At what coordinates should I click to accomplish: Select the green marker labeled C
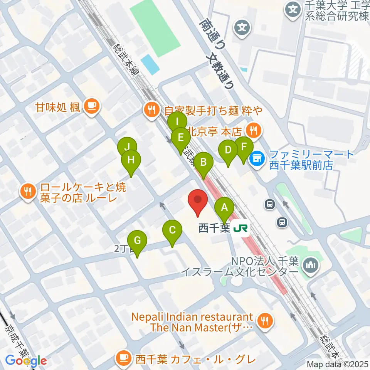pos(172,231)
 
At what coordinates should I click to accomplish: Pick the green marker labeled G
pos(137,241)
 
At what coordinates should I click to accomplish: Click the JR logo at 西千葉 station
pos(240,229)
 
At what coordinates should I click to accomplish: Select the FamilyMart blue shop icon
pos(257,158)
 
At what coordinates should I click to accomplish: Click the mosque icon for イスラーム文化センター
pos(311,265)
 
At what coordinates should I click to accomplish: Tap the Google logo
pos(26,361)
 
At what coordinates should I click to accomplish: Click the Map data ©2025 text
pos(337,364)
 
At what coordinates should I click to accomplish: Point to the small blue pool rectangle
pos(150,64)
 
